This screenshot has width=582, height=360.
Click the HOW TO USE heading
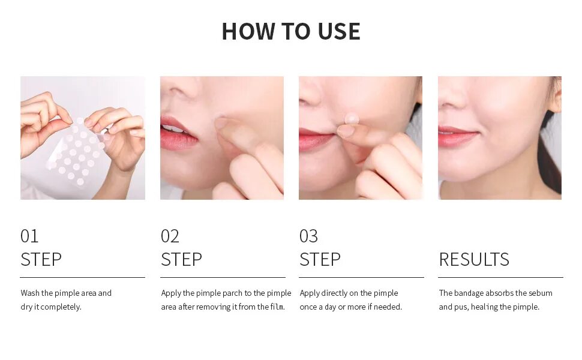click(290, 31)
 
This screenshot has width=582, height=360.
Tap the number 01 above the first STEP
click(29, 236)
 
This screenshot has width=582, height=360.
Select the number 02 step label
click(170, 236)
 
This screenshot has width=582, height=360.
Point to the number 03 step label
click(309, 236)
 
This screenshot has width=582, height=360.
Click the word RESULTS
click(474, 259)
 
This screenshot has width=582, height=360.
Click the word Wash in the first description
click(29, 293)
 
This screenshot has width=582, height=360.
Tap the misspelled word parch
click(232, 293)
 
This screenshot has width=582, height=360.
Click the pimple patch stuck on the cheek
click(351, 119)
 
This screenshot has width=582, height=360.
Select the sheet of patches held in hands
click(76, 152)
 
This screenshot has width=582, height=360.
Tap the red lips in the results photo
click(456, 136)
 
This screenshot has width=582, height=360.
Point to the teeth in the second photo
click(173, 129)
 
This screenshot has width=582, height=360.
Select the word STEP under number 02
click(182, 259)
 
